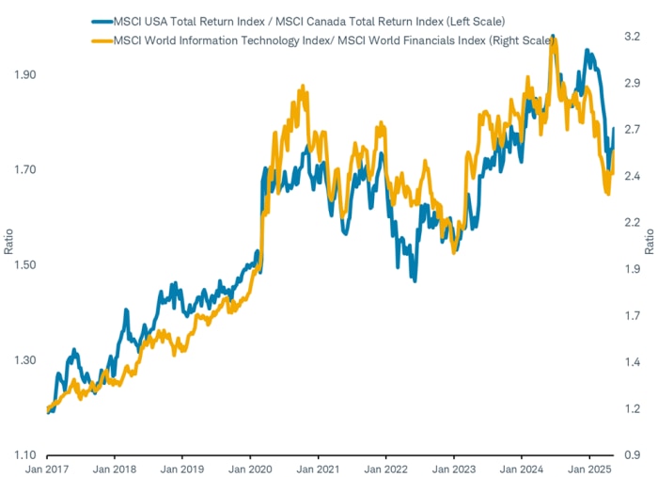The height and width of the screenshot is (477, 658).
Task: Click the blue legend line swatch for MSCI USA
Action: (101, 18)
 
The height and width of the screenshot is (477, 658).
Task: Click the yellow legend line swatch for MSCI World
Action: (101, 39)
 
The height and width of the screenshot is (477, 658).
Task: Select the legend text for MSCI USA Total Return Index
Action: (309, 18)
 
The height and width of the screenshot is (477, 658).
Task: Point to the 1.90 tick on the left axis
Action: (26, 74)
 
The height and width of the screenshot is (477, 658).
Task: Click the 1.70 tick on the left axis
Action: (26, 169)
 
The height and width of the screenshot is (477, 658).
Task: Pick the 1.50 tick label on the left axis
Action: (26, 264)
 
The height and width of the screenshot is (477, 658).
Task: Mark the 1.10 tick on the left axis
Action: (26, 454)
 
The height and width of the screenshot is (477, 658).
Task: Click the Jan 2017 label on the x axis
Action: (47, 468)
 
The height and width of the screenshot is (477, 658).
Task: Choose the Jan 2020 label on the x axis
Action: (250, 468)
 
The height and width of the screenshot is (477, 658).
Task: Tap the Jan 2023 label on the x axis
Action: (453, 468)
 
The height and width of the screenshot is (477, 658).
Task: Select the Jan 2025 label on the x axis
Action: (588, 468)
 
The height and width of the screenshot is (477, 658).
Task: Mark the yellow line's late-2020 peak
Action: (302, 86)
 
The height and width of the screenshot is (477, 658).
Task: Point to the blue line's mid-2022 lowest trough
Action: (414, 279)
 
